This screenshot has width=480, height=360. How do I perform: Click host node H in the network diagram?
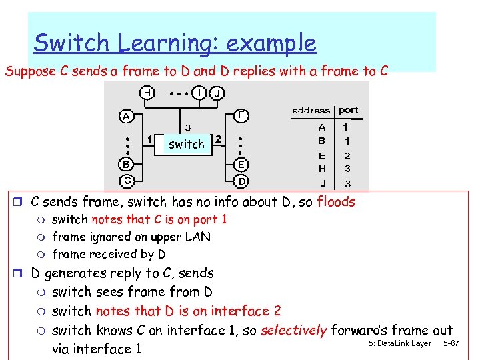147,92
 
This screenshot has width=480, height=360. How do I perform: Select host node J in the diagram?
217,93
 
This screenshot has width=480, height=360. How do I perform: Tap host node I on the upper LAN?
199,92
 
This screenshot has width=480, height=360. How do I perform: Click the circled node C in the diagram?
127,180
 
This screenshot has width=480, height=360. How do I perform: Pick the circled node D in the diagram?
242,181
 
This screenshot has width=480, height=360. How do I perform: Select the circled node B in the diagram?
126,164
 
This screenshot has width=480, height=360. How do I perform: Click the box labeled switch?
186,144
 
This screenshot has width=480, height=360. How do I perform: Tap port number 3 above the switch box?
188,127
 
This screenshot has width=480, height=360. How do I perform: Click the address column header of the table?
311,110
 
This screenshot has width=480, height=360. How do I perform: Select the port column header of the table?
348,110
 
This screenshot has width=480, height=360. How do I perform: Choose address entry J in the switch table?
322,183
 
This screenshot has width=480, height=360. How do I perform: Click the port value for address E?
346,155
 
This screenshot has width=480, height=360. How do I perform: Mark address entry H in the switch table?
322,169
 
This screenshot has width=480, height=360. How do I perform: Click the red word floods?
336,202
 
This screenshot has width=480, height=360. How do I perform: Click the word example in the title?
271,43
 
